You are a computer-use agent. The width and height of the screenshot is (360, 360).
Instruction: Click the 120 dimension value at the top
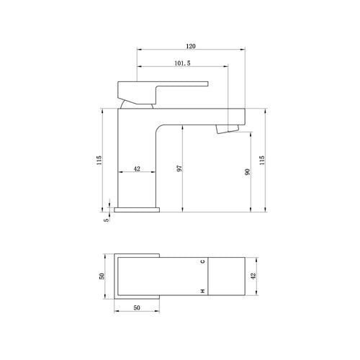tap(191, 46)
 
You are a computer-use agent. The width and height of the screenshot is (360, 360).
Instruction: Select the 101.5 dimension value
tap(182, 63)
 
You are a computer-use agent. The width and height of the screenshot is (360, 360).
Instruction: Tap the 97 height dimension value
tap(179, 168)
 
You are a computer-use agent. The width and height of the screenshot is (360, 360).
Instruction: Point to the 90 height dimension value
tap(248, 172)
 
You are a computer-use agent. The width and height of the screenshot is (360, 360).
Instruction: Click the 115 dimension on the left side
tap(99, 160)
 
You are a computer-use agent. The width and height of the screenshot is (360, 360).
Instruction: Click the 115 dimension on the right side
tap(262, 160)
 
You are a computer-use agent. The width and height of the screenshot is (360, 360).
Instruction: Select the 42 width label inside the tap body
tap(137, 168)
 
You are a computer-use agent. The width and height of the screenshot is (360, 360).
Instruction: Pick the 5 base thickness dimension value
tap(107, 220)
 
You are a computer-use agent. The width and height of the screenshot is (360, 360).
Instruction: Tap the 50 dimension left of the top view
tap(102, 276)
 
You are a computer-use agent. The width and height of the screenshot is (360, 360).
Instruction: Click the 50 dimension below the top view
tap(137, 307)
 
